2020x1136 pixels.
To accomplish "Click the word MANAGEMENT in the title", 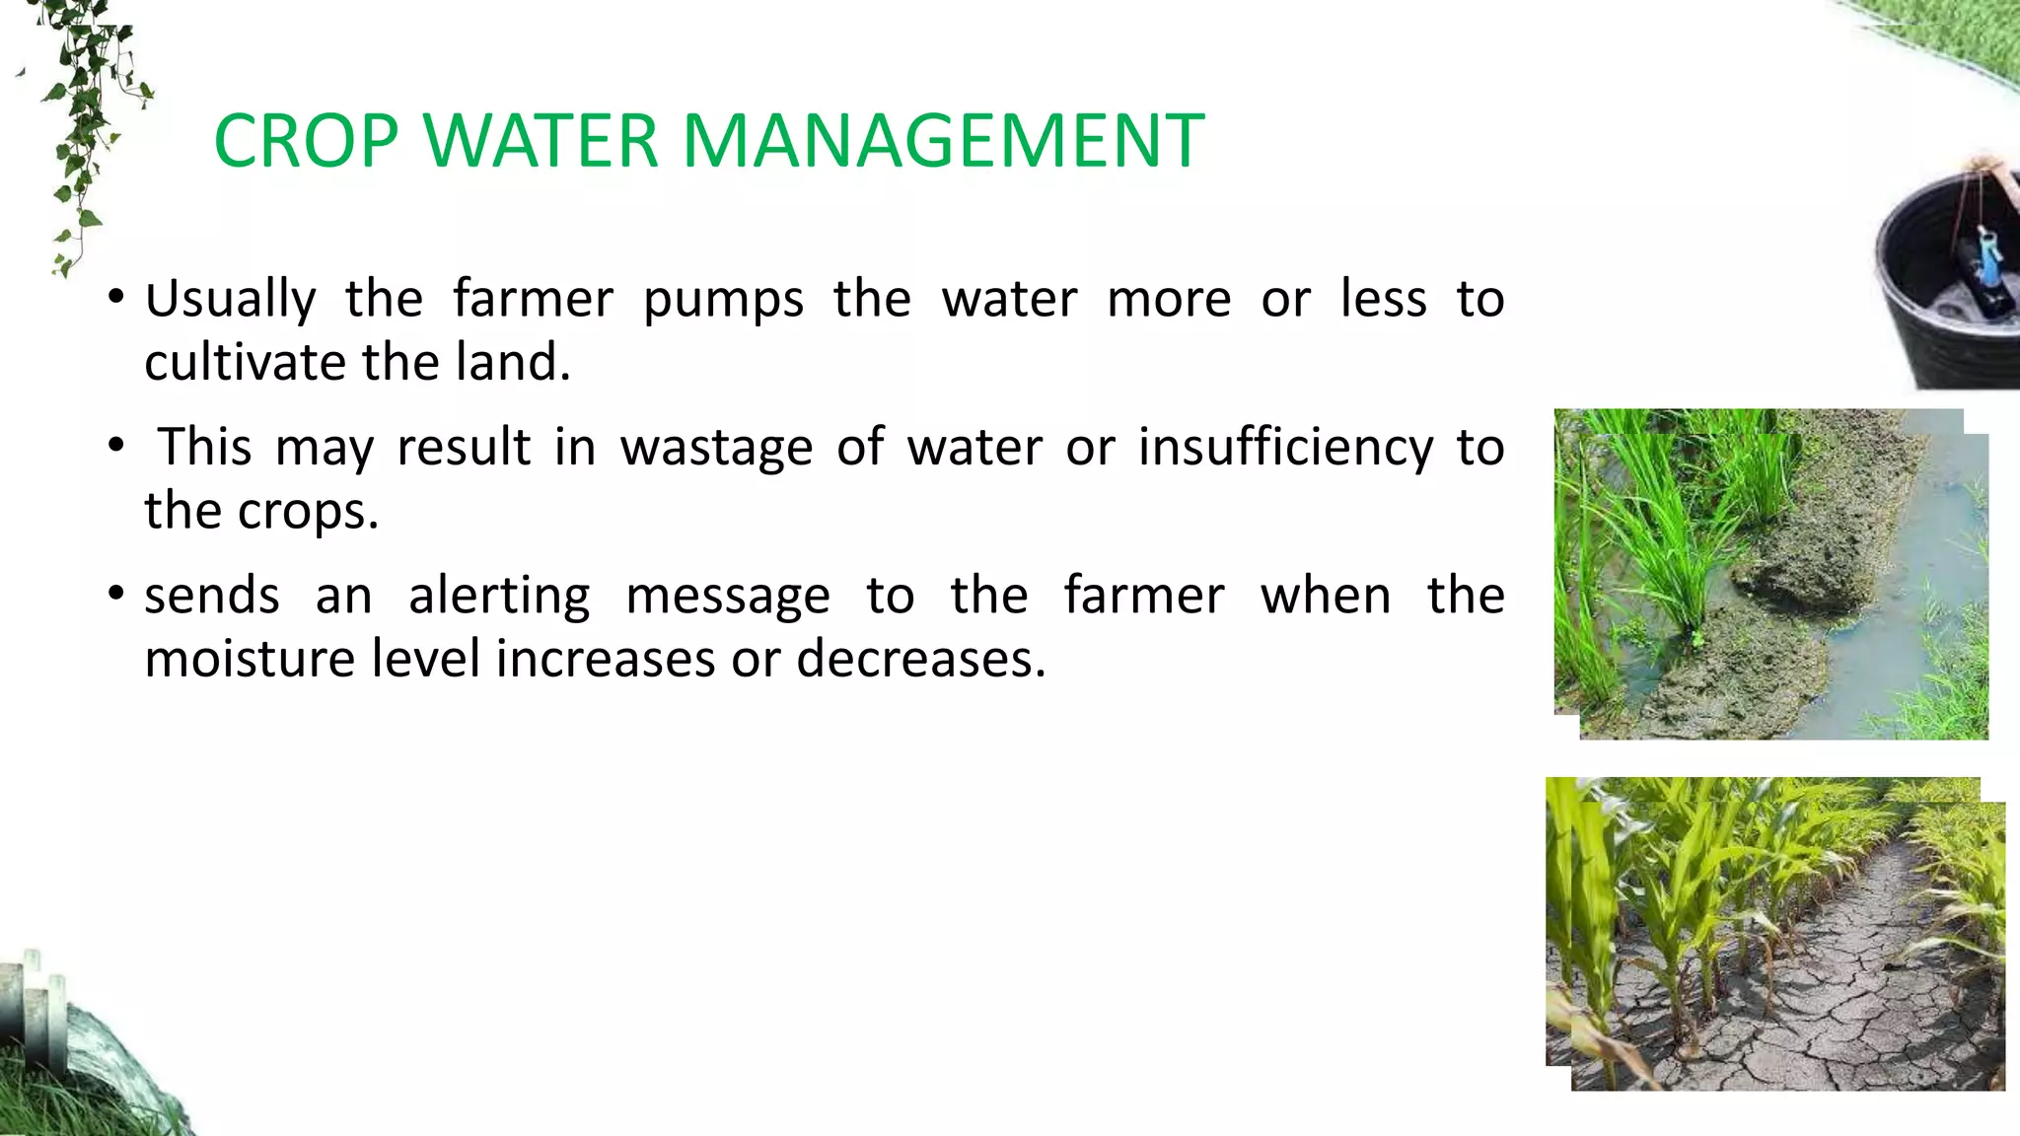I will [943, 141].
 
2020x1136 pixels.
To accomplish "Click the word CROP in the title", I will [306, 141].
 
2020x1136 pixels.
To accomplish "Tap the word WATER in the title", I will [542, 141].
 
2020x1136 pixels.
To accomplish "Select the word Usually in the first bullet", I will [231, 300].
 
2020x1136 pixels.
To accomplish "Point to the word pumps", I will [723, 300].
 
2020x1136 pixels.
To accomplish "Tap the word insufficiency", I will [1285, 448].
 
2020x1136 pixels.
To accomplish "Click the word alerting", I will [499, 596].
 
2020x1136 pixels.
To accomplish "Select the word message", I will [728, 596].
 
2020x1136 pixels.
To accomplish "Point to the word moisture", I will [250, 659].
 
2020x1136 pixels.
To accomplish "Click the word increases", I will [605, 659].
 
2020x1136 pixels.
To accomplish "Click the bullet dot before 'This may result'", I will [116, 446].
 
